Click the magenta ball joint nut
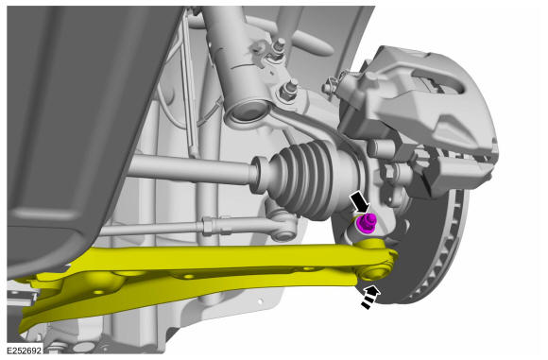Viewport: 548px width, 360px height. (366, 223)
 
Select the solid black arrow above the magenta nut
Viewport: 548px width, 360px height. (360, 201)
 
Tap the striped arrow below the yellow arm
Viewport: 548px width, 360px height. (370, 297)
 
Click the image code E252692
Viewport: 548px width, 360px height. (25, 351)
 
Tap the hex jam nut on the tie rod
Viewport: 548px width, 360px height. (209, 226)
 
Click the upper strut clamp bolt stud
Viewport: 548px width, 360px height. (280, 45)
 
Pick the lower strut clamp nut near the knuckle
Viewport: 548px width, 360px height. (289, 91)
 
